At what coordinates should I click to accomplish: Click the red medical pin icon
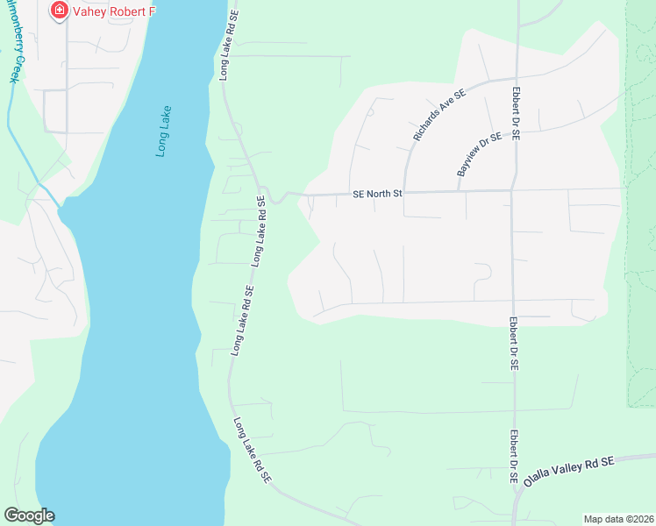pos(60,11)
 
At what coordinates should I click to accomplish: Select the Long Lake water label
pos(164,131)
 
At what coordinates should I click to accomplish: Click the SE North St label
pos(376,194)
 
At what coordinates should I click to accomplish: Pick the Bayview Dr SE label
pos(479,154)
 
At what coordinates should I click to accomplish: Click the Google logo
pos(29,515)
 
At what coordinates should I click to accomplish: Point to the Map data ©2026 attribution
pos(619,519)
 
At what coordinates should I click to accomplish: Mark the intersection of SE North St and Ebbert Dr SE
pos(513,189)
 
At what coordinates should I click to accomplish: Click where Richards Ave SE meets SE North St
pos(404,192)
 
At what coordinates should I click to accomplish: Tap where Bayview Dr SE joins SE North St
pos(459,190)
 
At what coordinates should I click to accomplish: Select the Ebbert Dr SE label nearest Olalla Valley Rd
pos(513,457)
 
